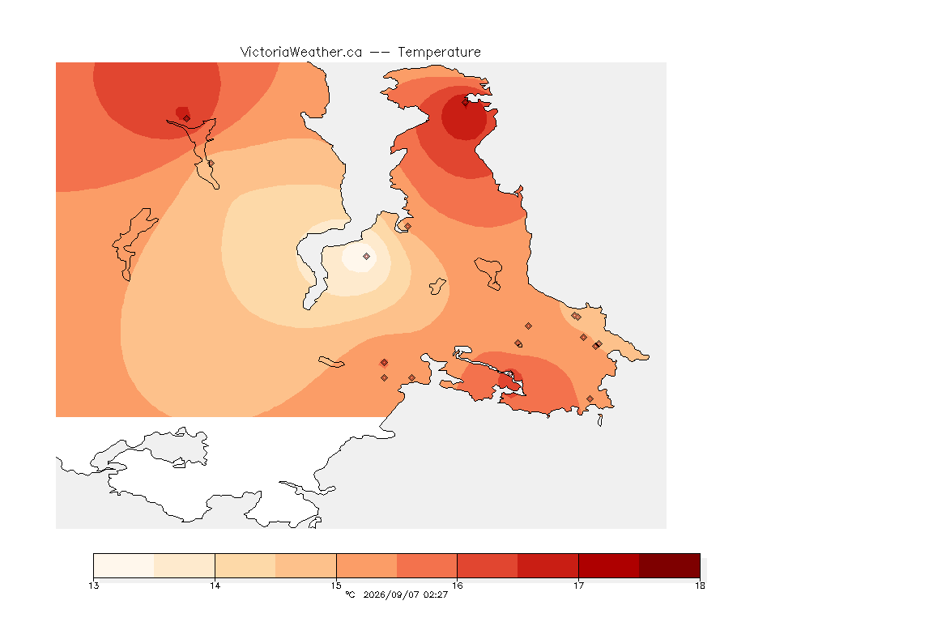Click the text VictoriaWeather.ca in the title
(x=301, y=53)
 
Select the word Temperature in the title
(x=439, y=53)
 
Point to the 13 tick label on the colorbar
(x=93, y=586)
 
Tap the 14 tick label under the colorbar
(x=215, y=586)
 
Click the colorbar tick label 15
(x=336, y=586)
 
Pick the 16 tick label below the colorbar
(x=457, y=586)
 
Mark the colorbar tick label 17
(x=578, y=586)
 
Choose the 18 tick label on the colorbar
(x=700, y=586)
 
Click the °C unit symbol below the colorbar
(x=350, y=594)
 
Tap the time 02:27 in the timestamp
(x=436, y=594)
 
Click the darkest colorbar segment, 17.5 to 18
(x=670, y=565)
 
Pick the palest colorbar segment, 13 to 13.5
(x=124, y=565)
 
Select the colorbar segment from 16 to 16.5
(x=488, y=565)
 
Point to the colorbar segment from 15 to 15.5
(x=367, y=565)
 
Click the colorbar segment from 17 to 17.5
(x=609, y=565)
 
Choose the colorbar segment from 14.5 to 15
(x=306, y=565)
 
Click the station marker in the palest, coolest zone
(x=367, y=257)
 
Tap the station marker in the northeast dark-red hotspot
(x=466, y=102)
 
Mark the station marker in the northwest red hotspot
(x=187, y=118)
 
